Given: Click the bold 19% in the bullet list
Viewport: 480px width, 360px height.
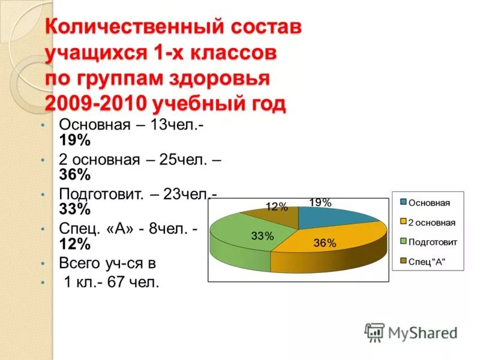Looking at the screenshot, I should [x=74, y=140].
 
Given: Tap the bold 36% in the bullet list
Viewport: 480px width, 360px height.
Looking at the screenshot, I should [x=74, y=175].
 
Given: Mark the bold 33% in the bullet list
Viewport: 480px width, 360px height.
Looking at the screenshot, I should [x=74, y=209].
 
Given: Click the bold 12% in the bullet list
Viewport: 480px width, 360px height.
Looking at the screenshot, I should [x=74, y=244].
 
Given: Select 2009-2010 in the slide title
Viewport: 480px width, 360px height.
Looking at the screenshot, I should [x=95, y=104].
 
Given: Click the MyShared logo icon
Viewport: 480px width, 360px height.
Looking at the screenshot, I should [x=374, y=332].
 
